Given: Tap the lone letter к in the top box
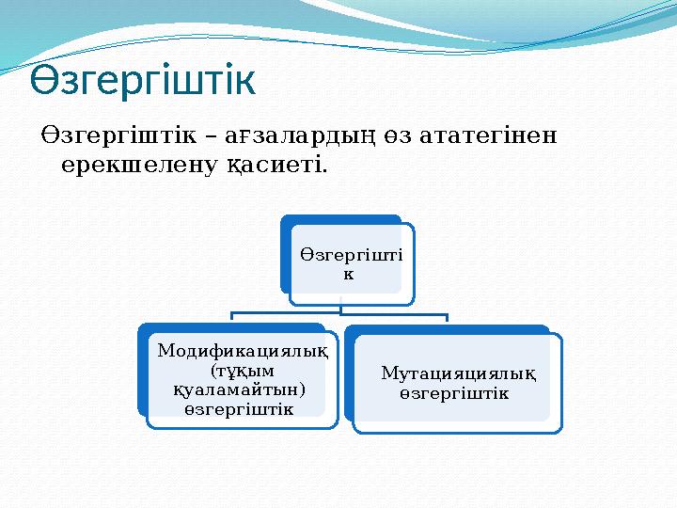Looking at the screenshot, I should [348, 274].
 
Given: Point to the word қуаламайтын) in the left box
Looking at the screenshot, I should [243, 389].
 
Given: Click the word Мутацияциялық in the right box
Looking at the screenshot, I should [459, 373].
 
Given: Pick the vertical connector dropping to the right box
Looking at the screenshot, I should [448, 320].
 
